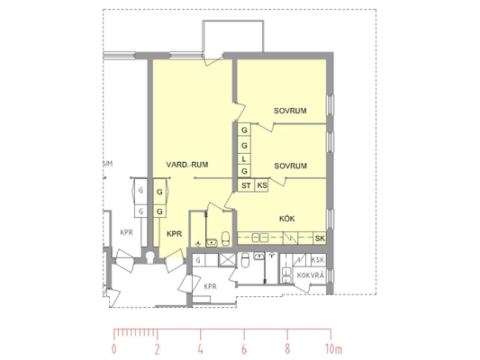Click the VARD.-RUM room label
pyautogui.click(x=187, y=165)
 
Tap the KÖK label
pyautogui.click(x=287, y=219)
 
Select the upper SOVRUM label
pyautogui.click(x=290, y=111)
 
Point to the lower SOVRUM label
pyautogui.click(x=290, y=166)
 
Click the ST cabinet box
pyautogui.click(x=246, y=185)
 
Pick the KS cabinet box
pyautogui.click(x=261, y=185)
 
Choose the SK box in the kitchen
pyautogui.click(x=320, y=238)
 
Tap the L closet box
pyautogui.click(x=244, y=159)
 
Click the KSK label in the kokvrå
pyautogui.click(x=318, y=260)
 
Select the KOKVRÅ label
pyautogui.click(x=310, y=275)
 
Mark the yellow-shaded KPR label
pyautogui.click(x=174, y=234)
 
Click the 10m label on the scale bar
pyautogui.click(x=334, y=349)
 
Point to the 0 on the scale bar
pyautogui.click(x=114, y=349)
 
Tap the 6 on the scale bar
pyautogui.click(x=244, y=349)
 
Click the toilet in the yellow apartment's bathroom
pyautogui.click(x=226, y=238)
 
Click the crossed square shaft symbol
pyautogui.click(x=228, y=260)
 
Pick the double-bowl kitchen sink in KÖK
pyautogui.click(x=260, y=238)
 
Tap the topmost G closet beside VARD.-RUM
pyautogui.click(x=244, y=130)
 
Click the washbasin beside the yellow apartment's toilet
pyautogui.click(x=212, y=242)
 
